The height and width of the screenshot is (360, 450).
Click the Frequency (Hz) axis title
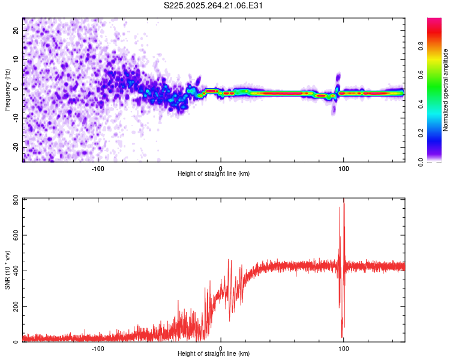click(7, 89)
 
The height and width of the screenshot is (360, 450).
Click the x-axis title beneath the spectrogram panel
click(214, 174)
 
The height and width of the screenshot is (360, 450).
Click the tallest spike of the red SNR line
click(344, 200)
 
